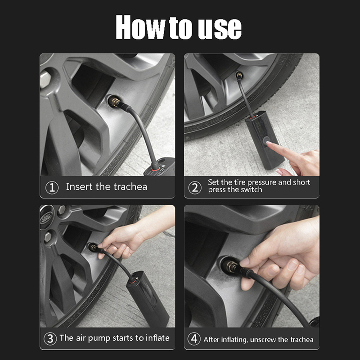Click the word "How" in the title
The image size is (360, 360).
click(x=140, y=27)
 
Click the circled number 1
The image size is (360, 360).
click(x=52, y=188)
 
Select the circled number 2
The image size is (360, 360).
click(x=195, y=188)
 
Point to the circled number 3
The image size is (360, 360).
click(x=50, y=339)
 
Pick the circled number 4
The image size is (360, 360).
click(x=194, y=339)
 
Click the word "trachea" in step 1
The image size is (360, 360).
click(x=130, y=187)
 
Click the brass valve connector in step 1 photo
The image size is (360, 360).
click(x=115, y=102)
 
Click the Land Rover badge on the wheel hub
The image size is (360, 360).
click(x=46, y=217)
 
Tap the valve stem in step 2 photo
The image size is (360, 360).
click(x=239, y=75)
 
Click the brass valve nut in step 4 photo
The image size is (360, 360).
click(x=231, y=267)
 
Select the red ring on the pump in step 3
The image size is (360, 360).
click(x=133, y=280)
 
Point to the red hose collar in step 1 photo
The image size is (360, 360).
click(x=155, y=169)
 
